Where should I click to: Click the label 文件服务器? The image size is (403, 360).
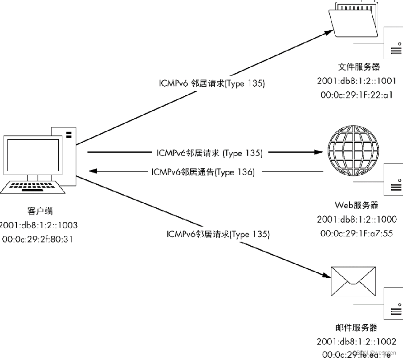tap(359, 67)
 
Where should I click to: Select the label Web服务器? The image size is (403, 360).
tap(356, 205)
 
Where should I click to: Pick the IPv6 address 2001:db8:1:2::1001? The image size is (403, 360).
tap(356, 81)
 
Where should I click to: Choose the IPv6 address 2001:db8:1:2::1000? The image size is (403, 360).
tap(356, 220)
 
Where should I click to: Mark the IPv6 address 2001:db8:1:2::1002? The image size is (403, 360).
tap(356, 341)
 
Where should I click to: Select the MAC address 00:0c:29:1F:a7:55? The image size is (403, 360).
tap(356, 234)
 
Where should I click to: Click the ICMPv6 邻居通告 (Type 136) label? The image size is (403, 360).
tap(203, 172)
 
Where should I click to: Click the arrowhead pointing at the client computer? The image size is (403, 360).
tap(93, 171)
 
